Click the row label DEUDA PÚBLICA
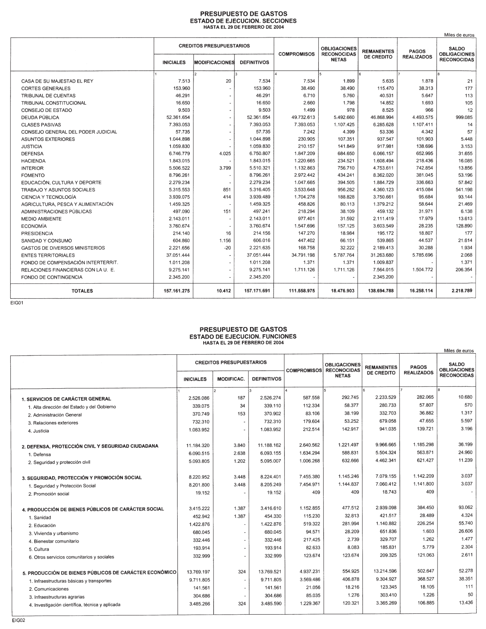[40, 117]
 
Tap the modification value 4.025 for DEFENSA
[225, 154]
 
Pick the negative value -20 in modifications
[228, 248]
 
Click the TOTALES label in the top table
[82, 291]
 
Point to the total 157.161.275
[176, 291]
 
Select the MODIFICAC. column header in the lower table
[231, 379]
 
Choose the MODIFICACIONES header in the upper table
[214, 62]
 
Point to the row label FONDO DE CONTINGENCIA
[52, 277]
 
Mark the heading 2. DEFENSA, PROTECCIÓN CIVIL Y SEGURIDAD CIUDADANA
[90, 446]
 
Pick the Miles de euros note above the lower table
[459, 351]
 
